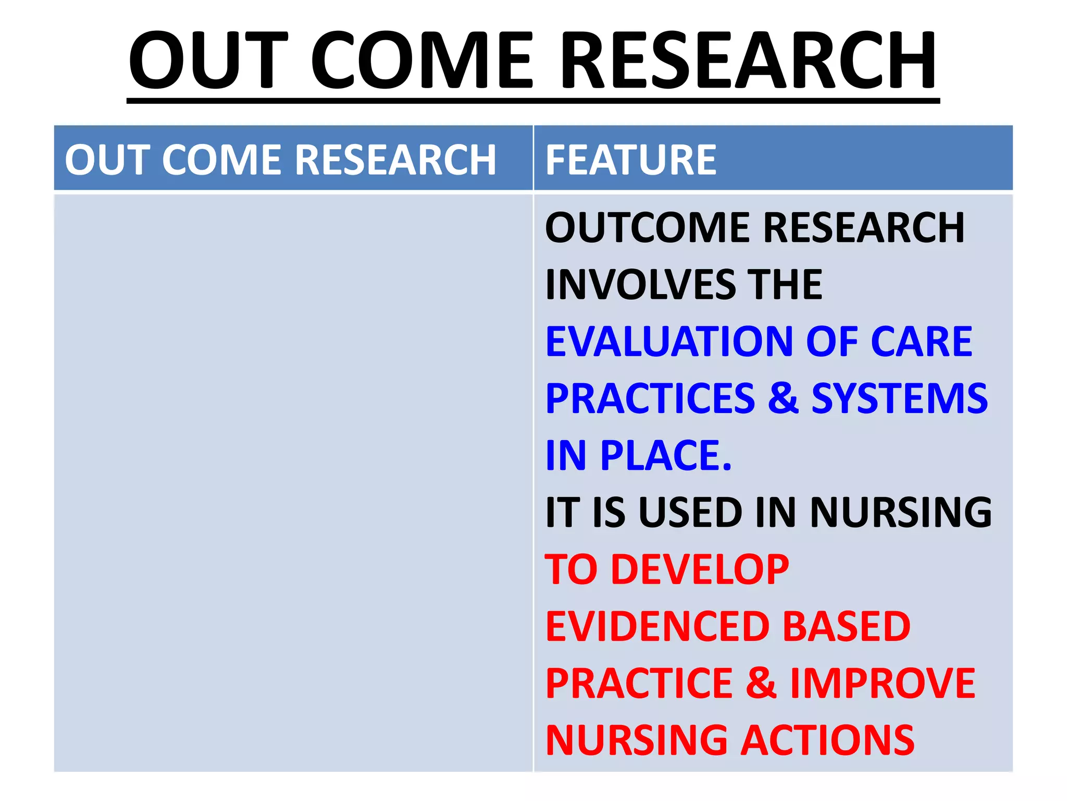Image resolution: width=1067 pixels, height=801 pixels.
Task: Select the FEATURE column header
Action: pyautogui.click(x=631, y=160)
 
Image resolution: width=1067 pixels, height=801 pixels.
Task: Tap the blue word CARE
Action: pyautogui.click(x=921, y=342)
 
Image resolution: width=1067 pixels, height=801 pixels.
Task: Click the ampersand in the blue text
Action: pyautogui.click(x=783, y=399)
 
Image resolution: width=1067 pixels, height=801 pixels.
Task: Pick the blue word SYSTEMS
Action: pyautogui.click(x=899, y=399)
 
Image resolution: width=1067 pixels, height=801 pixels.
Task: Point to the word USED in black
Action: pyautogui.click(x=691, y=513)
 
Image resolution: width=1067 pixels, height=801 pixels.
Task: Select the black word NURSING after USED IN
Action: pyautogui.click(x=901, y=513)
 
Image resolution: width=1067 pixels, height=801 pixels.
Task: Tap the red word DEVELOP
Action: pyautogui.click(x=700, y=570)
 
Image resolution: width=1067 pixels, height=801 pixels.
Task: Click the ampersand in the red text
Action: pyautogui.click(x=761, y=684)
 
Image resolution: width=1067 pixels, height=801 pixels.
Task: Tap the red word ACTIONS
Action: pyautogui.click(x=828, y=741)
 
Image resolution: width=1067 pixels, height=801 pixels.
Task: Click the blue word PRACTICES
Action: pyautogui.click(x=650, y=399)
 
